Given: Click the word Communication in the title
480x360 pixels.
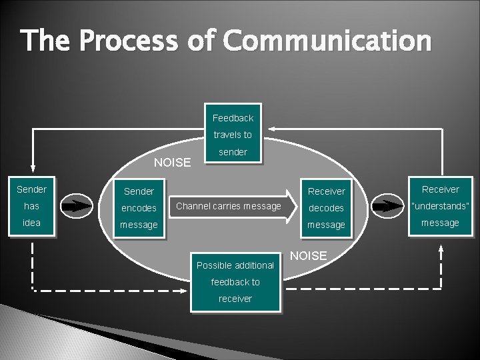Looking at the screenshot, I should pos(327,41).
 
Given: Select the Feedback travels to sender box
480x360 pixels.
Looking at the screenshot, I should pos(233,134).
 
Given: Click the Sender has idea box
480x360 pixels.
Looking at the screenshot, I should pos(31,206).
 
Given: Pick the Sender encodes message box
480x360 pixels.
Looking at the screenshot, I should pos(139,208).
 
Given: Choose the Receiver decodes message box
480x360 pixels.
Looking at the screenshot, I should pos(326,208).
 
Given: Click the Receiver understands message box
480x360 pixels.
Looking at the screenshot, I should pos(440,206).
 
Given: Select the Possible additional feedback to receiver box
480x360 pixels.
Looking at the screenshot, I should pos(235,281).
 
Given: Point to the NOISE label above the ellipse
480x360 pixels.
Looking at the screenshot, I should pos(172,162).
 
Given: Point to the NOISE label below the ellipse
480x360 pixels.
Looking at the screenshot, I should pos(309,256).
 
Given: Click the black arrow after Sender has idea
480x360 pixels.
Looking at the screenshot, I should pos(78,206).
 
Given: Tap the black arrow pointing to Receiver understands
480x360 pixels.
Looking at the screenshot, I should pos(387,206).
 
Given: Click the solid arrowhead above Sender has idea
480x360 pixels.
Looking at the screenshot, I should pos(32,169).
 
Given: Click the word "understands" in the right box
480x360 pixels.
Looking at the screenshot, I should pos(440,206).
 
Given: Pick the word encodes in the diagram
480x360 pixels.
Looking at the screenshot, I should pos(139,208).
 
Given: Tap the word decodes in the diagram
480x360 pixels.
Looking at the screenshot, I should pos(326,208).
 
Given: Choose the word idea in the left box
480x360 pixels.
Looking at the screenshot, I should pos(31,223).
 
